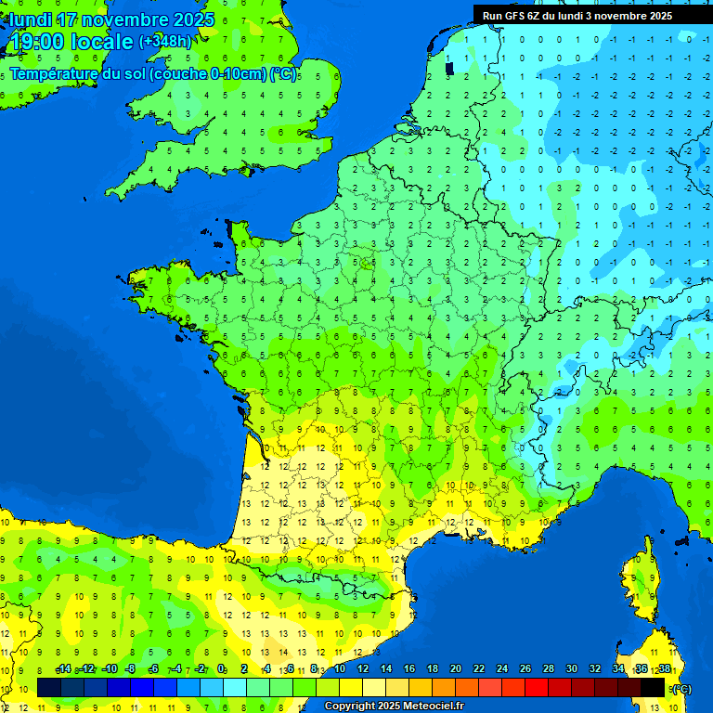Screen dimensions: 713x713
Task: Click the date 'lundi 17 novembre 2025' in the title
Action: tap(111, 19)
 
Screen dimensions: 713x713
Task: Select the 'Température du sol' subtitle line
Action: tap(153, 74)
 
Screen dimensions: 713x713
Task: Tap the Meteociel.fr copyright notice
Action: tap(394, 707)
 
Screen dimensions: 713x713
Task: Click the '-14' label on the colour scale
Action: tap(63, 669)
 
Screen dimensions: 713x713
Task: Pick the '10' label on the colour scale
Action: tap(340, 669)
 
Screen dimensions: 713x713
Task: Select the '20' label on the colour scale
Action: tap(456, 669)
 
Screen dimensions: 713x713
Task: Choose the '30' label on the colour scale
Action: tap(572, 669)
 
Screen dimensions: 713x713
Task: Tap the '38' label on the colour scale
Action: tap(665, 669)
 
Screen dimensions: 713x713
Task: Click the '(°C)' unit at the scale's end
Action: tap(682, 688)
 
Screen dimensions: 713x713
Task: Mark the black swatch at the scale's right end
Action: tap(653, 688)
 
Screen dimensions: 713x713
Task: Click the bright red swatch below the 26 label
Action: tap(537, 688)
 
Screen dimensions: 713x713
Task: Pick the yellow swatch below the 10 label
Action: tap(351, 688)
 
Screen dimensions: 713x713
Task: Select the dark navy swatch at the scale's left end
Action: tap(49, 688)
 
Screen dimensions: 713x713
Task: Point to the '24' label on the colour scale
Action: tap(502, 669)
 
